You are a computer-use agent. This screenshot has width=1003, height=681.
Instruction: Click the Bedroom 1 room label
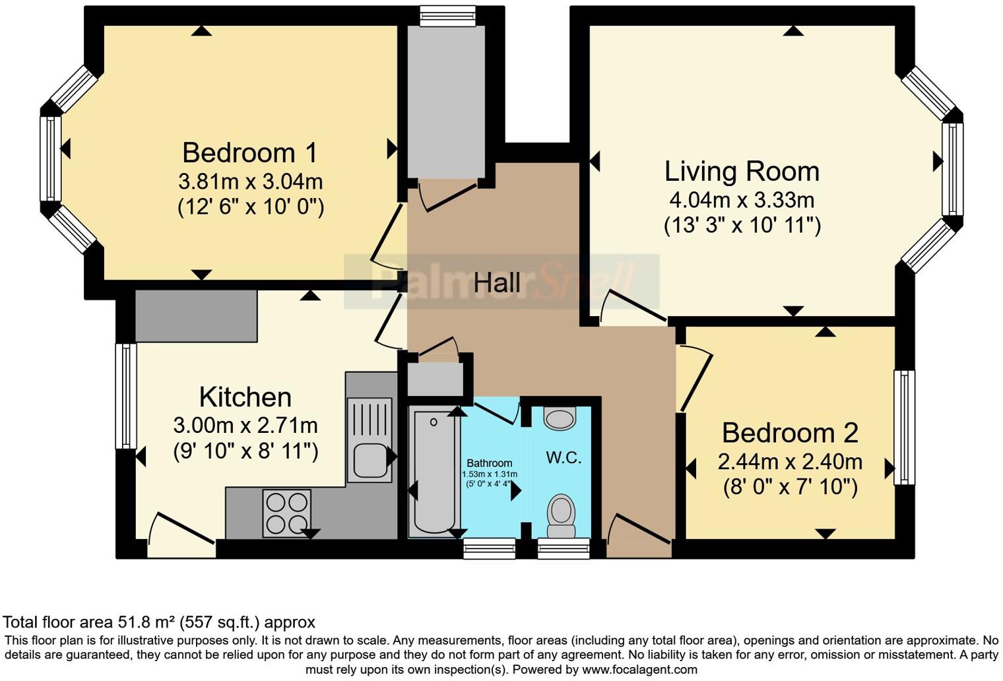[x=249, y=153]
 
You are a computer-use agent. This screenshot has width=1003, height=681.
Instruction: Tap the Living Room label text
[x=742, y=172]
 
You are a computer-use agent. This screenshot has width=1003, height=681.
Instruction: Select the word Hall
[x=497, y=283]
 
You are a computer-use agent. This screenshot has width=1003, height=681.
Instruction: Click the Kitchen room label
[x=245, y=397]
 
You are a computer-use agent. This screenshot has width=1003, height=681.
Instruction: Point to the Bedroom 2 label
[x=790, y=433]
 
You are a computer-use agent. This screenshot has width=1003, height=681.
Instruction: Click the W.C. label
[x=564, y=457]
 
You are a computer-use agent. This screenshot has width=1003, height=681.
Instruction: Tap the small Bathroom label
[x=490, y=463]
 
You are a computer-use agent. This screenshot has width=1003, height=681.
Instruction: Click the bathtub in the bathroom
[x=434, y=471]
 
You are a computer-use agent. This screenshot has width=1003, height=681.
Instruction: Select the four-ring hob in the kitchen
[x=287, y=513]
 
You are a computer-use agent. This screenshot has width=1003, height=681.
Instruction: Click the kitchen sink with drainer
[x=370, y=439]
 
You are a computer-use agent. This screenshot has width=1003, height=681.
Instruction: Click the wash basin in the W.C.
[x=560, y=418]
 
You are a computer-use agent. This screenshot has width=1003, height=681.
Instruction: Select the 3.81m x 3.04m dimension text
[x=250, y=181]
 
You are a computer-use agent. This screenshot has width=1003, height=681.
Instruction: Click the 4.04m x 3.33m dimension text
[x=742, y=199]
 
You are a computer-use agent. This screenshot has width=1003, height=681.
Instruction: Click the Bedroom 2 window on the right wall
[x=904, y=427]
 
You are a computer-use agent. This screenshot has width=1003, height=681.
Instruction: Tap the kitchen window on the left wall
[x=126, y=396]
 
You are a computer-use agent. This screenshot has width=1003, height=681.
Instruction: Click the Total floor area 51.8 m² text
[x=159, y=622]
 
